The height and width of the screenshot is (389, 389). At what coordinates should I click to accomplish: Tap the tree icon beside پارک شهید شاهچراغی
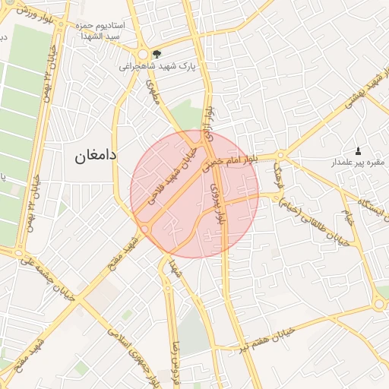[157, 54]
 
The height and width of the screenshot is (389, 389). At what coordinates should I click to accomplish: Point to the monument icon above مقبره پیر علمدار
[359, 150]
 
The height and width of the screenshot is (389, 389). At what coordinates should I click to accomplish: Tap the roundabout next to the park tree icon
[142, 54]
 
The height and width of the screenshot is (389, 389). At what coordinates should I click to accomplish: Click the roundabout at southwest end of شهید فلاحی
[144, 229]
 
